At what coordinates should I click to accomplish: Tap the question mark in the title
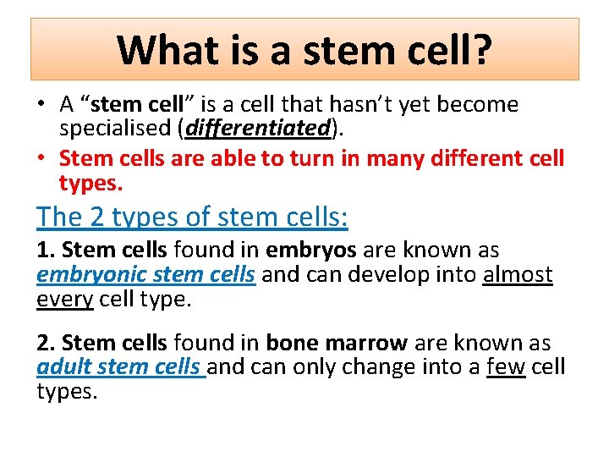pyautogui.click(x=482, y=50)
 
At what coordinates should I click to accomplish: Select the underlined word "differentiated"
pyautogui.click(x=257, y=128)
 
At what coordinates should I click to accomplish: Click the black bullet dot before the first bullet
pyautogui.click(x=41, y=106)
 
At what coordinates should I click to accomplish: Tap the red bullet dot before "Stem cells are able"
pyautogui.click(x=41, y=159)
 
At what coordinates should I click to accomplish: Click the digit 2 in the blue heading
pyautogui.click(x=97, y=217)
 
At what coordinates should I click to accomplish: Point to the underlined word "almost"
pyautogui.click(x=518, y=275)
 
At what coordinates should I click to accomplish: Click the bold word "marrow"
pyautogui.click(x=366, y=344)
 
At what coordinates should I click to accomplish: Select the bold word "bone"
pyautogui.click(x=292, y=344)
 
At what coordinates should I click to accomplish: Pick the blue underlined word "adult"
pyautogui.click(x=64, y=368)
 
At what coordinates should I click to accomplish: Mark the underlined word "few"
pyautogui.click(x=506, y=368)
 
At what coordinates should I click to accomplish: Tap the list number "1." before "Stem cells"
pyautogui.click(x=47, y=251)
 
